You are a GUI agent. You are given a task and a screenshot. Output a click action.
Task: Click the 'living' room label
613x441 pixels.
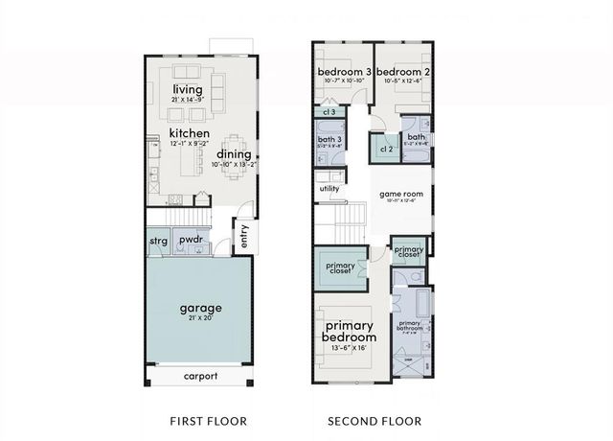[x=189, y=90]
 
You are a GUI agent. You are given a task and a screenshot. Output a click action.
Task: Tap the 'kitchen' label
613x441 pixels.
[x=190, y=133]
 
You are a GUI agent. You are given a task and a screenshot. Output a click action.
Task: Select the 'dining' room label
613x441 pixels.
[x=234, y=153]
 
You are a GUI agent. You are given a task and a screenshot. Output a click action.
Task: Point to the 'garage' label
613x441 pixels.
[x=200, y=308]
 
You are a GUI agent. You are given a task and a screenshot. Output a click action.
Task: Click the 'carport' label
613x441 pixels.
[x=200, y=377]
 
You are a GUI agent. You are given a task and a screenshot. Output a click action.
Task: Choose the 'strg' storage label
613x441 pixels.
[x=159, y=241]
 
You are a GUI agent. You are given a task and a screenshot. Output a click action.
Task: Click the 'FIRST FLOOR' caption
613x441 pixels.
[x=208, y=421]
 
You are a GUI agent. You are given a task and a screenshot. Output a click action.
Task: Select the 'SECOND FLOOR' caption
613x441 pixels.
[x=375, y=421]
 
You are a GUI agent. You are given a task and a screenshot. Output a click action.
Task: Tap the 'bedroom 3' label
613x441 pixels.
[x=344, y=73]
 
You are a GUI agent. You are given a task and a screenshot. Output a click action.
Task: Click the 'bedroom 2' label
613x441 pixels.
[x=400, y=73]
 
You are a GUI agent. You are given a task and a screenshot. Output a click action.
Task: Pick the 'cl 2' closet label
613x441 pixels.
[x=386, y=149]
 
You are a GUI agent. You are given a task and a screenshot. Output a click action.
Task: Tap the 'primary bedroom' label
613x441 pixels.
[x=349, y=331]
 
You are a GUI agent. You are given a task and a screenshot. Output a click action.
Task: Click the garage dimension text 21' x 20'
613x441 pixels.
[x=200, y=318]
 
